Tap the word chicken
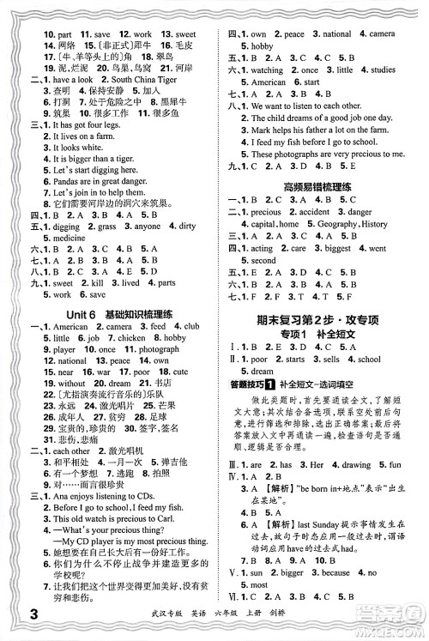point(132,339)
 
